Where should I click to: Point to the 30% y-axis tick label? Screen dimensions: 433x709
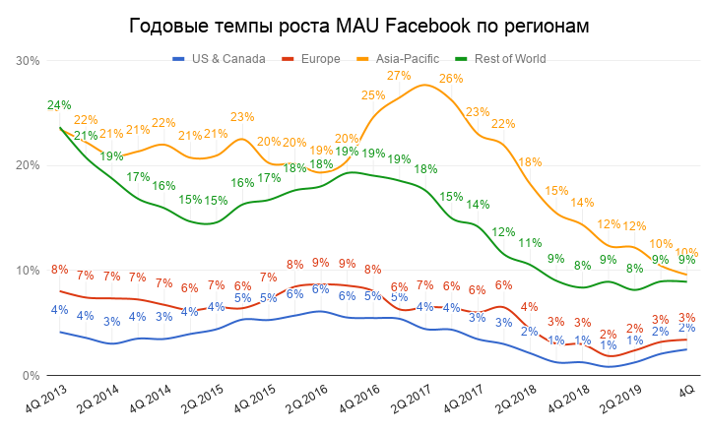(x=27, y=61)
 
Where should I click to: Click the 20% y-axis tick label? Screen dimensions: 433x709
(x=27, y=165)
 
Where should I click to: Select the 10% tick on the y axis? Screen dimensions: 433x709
(x=27, y=271)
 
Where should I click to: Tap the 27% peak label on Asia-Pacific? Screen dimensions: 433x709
(x=399, y=76)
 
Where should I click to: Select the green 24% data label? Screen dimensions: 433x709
(x=58, y=105)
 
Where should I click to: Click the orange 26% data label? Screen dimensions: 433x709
(x=451, y=79)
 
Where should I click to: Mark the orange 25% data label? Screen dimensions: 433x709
(x=373, y=95)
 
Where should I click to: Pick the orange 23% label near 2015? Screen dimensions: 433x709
(x=242, y=117)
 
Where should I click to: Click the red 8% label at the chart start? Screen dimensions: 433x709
(x=59, y=270)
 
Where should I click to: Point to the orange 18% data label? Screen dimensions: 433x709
(x=530, y=162)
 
